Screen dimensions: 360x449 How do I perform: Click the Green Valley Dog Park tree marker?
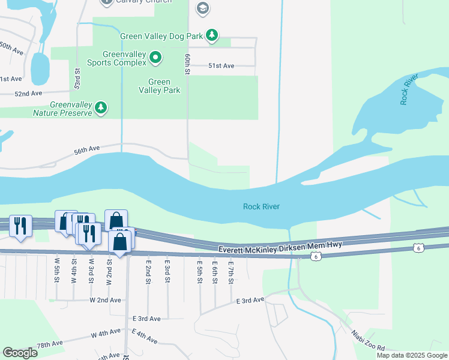(x=211, y=36)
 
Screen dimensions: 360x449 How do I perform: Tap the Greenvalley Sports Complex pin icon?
(x=155, y=58)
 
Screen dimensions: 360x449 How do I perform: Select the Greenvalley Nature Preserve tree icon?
(x=101, y=107)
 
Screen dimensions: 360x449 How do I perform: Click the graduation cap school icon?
(x=203, y=8)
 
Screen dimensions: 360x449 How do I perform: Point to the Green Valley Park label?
(x=160, y=86)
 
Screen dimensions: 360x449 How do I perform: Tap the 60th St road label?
(x=188, y=64)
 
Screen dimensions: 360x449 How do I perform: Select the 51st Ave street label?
(x=221, y=66)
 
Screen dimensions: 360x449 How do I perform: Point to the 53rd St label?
(x=77, y=79)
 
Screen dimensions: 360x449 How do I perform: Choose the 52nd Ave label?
(x=29, y=94)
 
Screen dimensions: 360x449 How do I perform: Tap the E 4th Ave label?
(x=144, y=337)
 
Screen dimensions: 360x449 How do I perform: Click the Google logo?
(x=20, y=353)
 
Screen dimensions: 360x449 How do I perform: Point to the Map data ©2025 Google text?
(x=412, y=355)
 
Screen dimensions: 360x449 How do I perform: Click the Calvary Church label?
(x=143, y=1)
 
